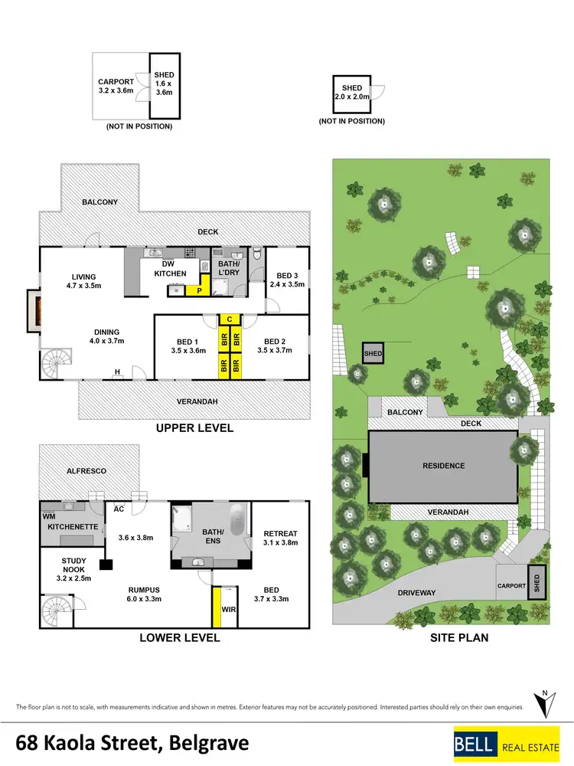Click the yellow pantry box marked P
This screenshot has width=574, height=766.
tap(198, 290)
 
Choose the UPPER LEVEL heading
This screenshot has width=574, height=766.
tap(194, 428)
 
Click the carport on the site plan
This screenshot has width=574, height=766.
tap(511, 585)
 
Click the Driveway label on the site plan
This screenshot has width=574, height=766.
tap(418, 592)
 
